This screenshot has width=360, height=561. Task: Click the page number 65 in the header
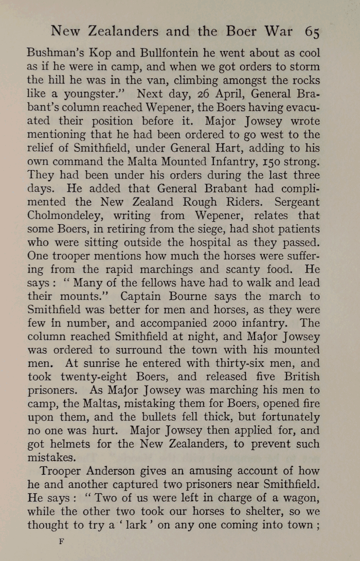click(312, 32)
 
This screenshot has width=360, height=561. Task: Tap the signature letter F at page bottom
click(61, 542)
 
